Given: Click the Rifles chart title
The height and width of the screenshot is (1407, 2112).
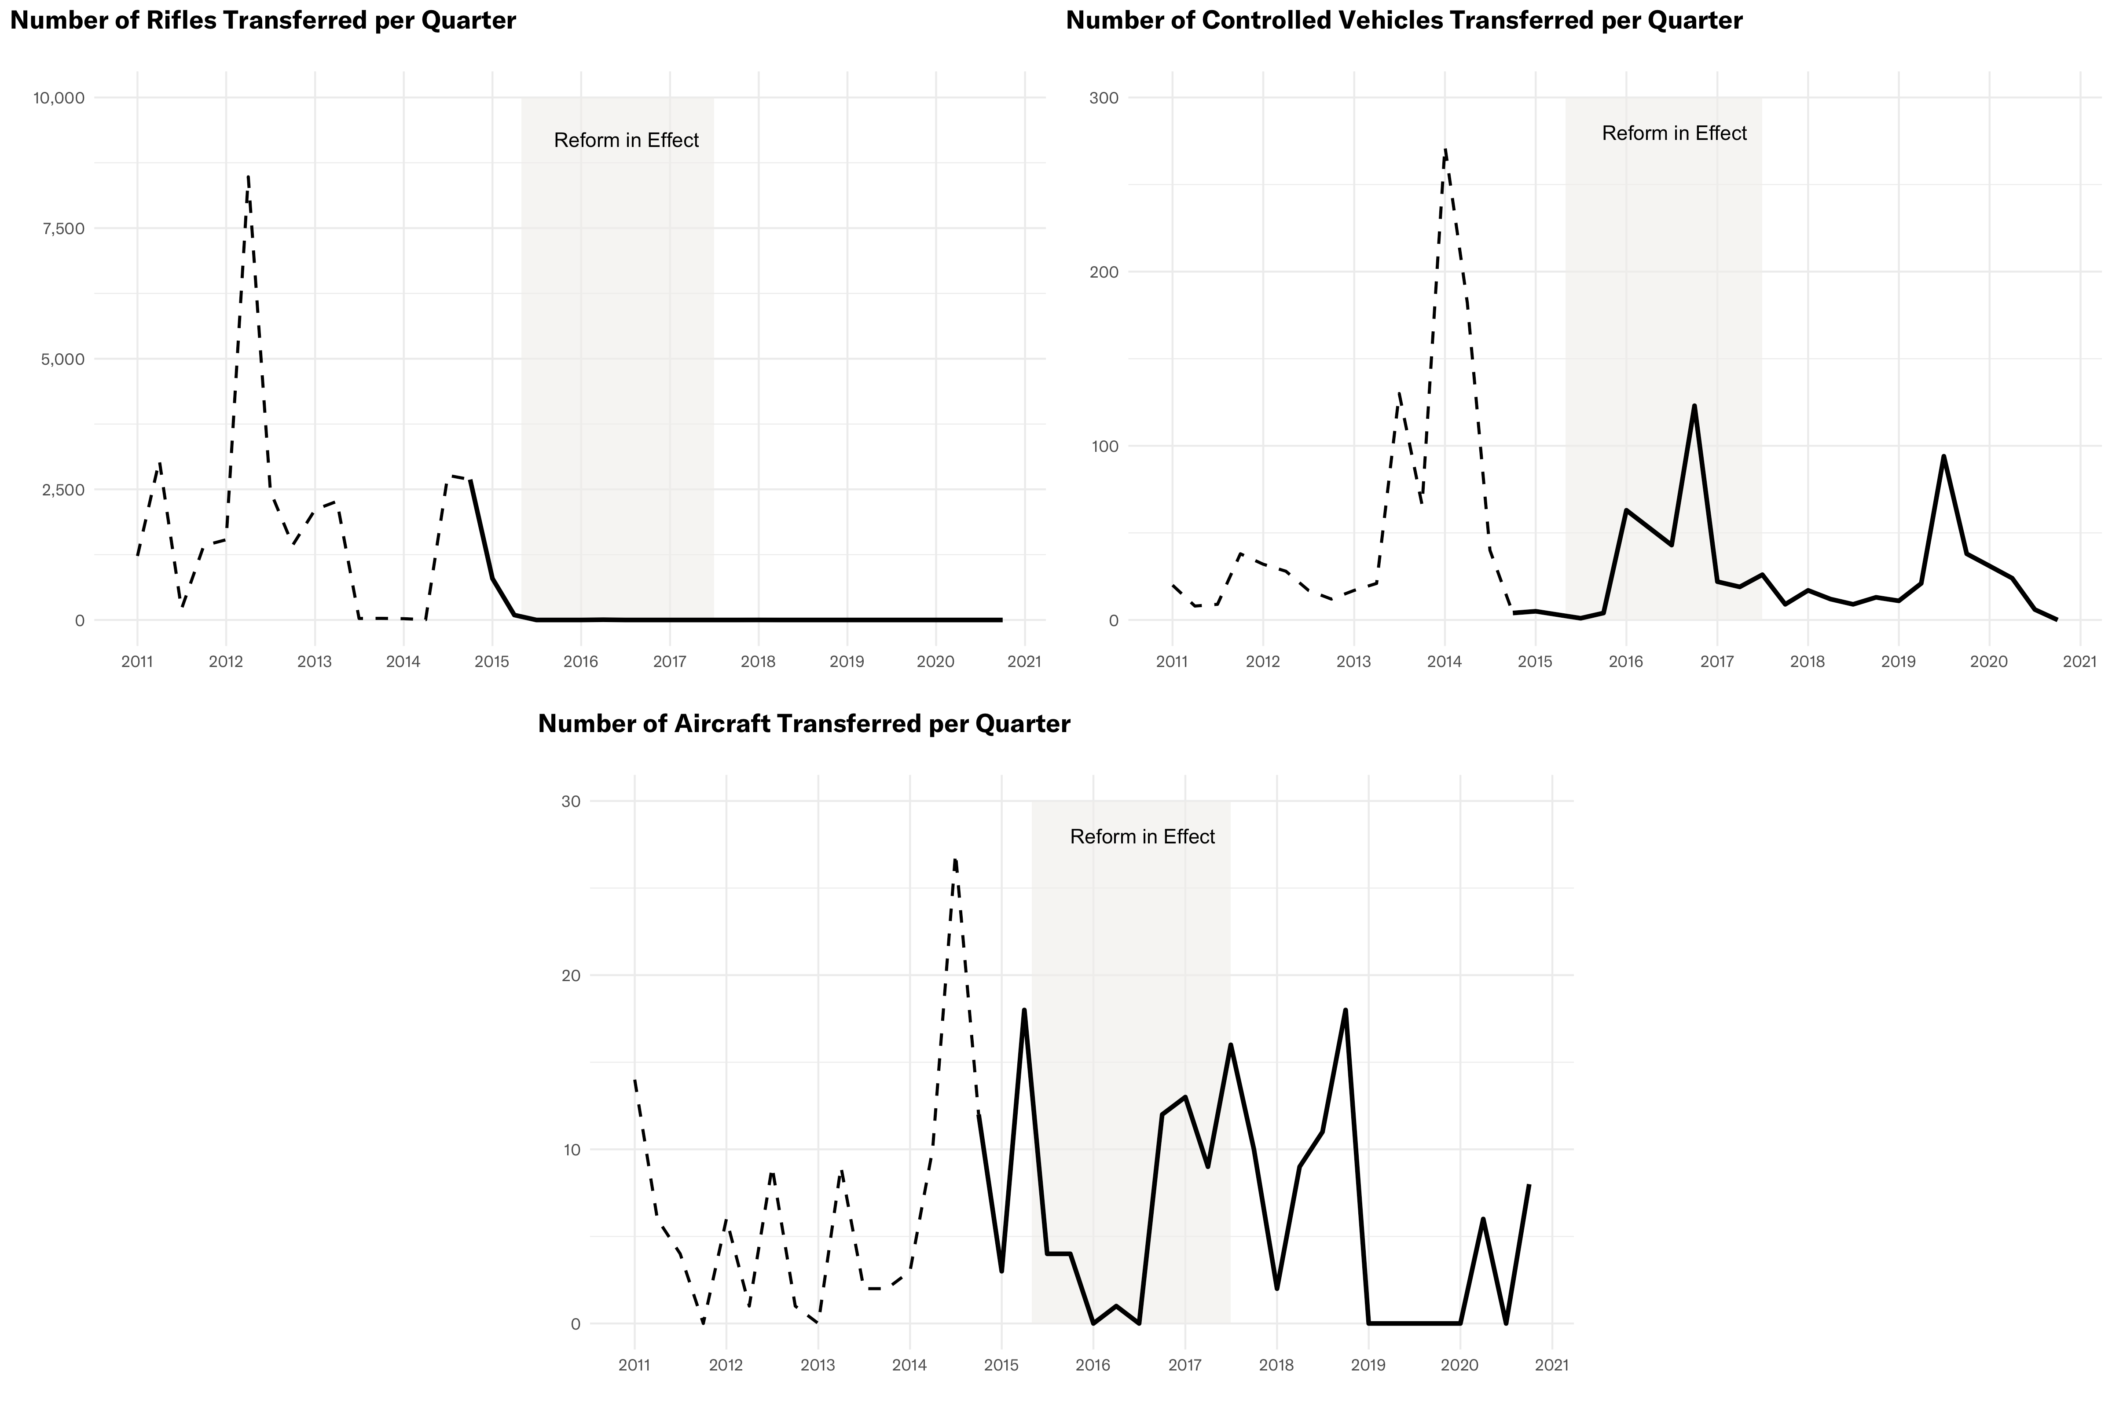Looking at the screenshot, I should tap(263, 21).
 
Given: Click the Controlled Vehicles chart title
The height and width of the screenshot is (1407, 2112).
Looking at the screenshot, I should tap(1403, 21).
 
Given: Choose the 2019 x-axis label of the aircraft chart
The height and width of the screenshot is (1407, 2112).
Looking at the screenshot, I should tap(1368, 1366).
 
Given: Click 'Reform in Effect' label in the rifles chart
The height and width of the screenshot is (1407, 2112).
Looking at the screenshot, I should tap(626, 141).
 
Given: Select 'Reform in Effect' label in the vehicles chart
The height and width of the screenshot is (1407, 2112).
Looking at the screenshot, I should tap(1674, 134).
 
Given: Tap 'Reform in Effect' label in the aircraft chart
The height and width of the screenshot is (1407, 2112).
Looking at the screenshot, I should tap(1142, 837).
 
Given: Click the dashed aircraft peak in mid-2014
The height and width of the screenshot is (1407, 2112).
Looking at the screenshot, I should tap(956, 860).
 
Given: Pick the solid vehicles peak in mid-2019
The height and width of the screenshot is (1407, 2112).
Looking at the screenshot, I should tap(1943, 457).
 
